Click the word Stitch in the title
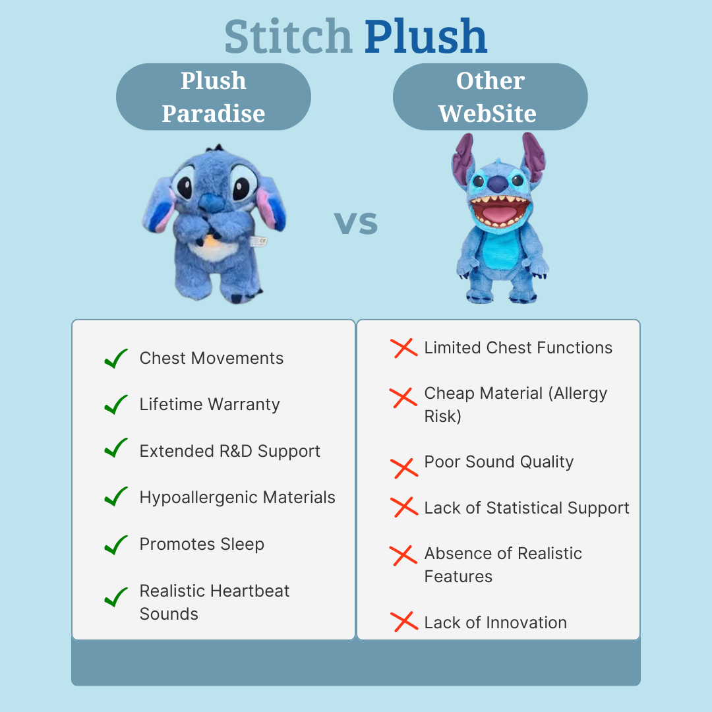[x=288, y=36]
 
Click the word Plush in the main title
[x=426, y=36]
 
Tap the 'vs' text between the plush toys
[x=355, y=223]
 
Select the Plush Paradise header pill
[x=214, y=97]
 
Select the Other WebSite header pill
[x=490, y=97]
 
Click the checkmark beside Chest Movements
[x=116, y=359]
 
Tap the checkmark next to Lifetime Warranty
[x=116, y=405]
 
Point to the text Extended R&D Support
[x=230, y=451]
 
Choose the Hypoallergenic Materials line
[x=237, y=498]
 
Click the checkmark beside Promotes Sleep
[x=116, y=545]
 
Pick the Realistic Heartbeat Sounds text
[x=214, y=602]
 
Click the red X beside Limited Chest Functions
[x=403, y=348]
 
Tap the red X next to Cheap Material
[x=403, y=398]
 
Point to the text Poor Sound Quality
[x=498, y=461]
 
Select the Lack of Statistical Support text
[x=527, y=508]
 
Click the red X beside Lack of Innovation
[x=404, y=622]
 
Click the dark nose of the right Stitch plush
[x=498, y=184]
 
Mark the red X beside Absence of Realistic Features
[x=403, y=555]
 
